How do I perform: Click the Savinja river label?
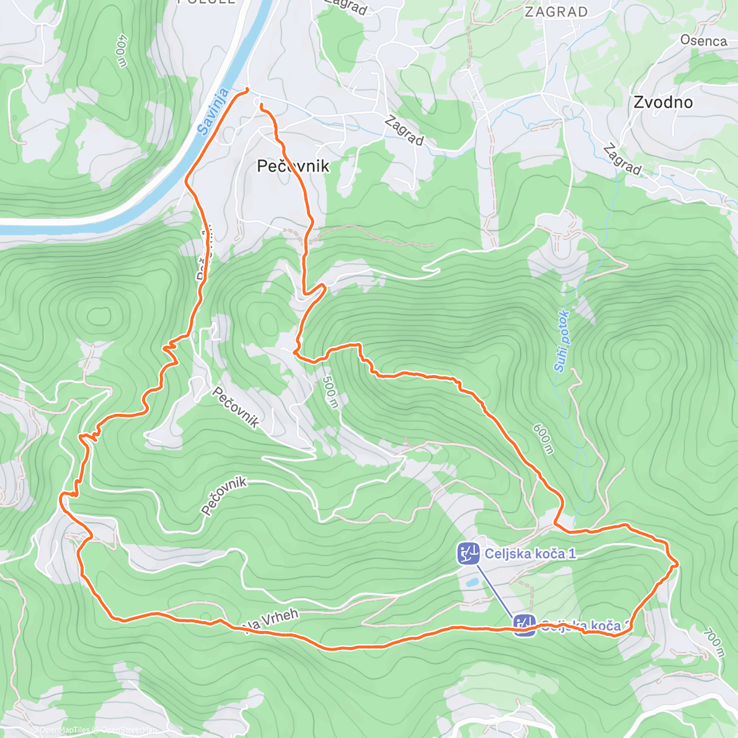213,112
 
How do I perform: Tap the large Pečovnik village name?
293,166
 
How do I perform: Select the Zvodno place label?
663,102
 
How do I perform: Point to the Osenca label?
703,41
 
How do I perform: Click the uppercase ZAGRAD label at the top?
557,12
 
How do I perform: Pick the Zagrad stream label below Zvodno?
622,159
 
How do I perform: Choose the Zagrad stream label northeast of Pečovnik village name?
404,131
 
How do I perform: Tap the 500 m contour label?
330,392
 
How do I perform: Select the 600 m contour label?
543,439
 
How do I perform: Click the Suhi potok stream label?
561,341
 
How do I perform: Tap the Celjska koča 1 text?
530,553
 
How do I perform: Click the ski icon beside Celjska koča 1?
468,553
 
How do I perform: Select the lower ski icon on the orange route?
524,625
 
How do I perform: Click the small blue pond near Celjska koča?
472,581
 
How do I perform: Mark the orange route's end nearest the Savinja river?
247,90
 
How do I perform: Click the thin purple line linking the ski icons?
496,589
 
